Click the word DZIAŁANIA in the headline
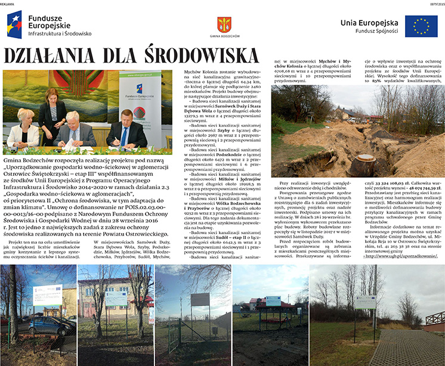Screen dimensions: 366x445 pyautogui.click(x=54, y=55)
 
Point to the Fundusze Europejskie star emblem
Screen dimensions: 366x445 pyautogui.click(x=14, y=24)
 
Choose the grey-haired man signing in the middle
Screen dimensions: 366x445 pyautogui.click(x=75, y=128)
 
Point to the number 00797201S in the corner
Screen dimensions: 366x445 pyautogui.click(x=434, y=3)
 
